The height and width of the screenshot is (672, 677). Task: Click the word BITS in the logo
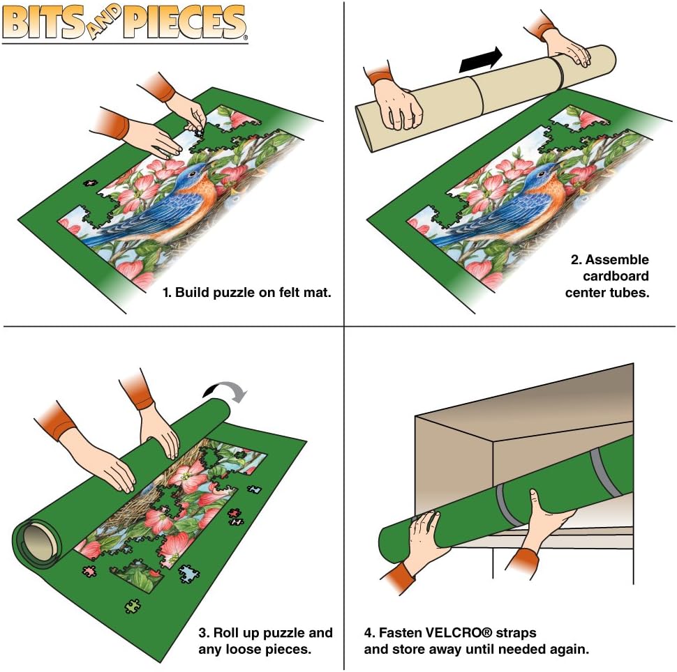(x=45, y=22)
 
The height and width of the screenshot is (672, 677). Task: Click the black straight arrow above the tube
(x=480, y=59)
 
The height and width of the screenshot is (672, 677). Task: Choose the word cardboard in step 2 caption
(x=615, y=276)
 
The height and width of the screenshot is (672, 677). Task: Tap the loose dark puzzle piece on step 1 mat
(x=89, y=184)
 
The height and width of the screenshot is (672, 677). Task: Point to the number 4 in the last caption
(x=368, y=633)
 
